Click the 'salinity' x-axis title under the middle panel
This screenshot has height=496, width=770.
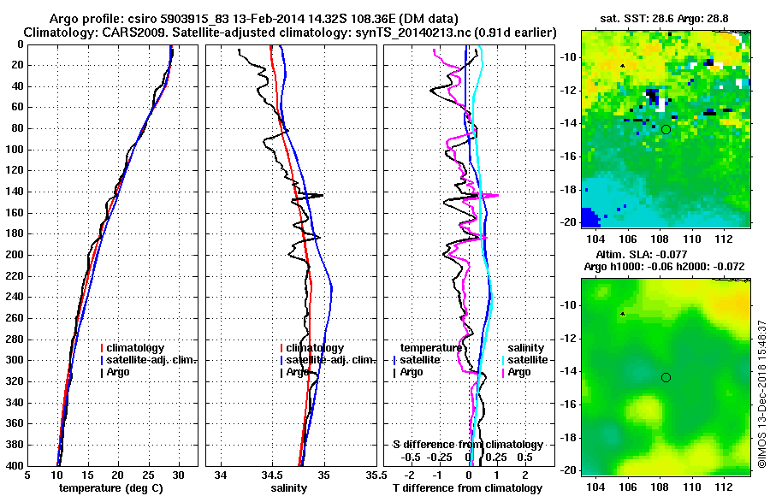click(289, 487)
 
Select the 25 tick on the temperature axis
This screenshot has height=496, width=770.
click(148, 475)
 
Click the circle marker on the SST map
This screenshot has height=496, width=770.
click(666, 129)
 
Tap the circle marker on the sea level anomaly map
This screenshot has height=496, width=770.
click(666, 377)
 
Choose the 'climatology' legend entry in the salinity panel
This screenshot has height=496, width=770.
click(315, 348)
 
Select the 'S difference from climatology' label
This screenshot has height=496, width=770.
click(468, 445)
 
